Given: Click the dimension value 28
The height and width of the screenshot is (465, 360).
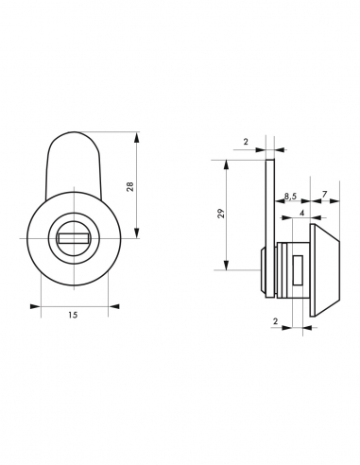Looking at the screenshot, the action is click(130, 186).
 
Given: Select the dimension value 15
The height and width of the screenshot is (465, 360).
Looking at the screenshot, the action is click(73, 315).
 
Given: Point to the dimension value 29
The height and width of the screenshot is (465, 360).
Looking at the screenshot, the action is click(221, 214).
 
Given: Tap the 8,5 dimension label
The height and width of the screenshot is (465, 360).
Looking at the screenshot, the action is click(290, 196).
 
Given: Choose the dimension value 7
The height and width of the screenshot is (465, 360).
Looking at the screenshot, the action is click(324, 194).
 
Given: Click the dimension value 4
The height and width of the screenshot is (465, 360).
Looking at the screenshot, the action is click(302, 213).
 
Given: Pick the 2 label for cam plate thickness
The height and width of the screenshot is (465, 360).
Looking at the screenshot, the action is click(246, 142).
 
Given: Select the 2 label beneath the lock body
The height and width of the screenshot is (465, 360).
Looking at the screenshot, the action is click(276, 321).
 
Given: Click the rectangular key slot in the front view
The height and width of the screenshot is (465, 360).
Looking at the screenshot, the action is click(73, 238).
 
